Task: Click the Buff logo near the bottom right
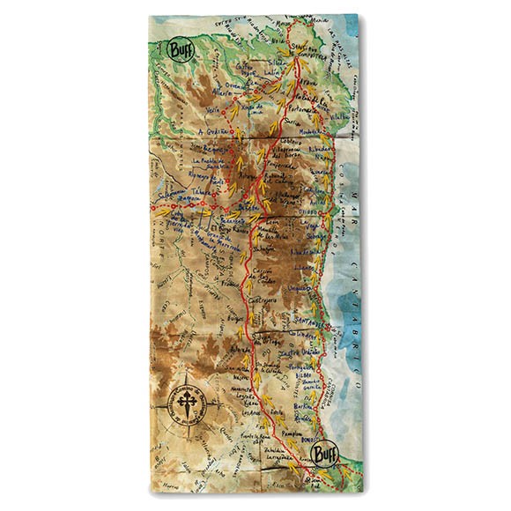coord(323,455)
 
